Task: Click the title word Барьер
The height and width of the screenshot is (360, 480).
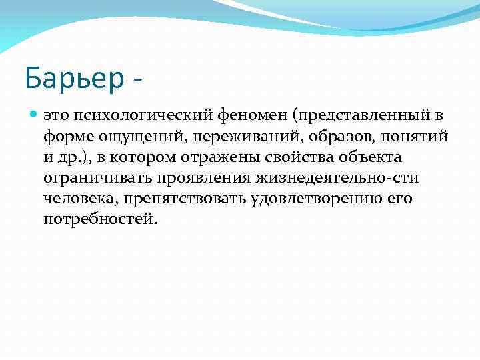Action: click(x=73, y=79)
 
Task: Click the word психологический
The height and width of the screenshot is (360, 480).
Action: click(x=145, y=115)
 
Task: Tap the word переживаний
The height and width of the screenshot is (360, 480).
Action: click(x=221, y=137)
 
